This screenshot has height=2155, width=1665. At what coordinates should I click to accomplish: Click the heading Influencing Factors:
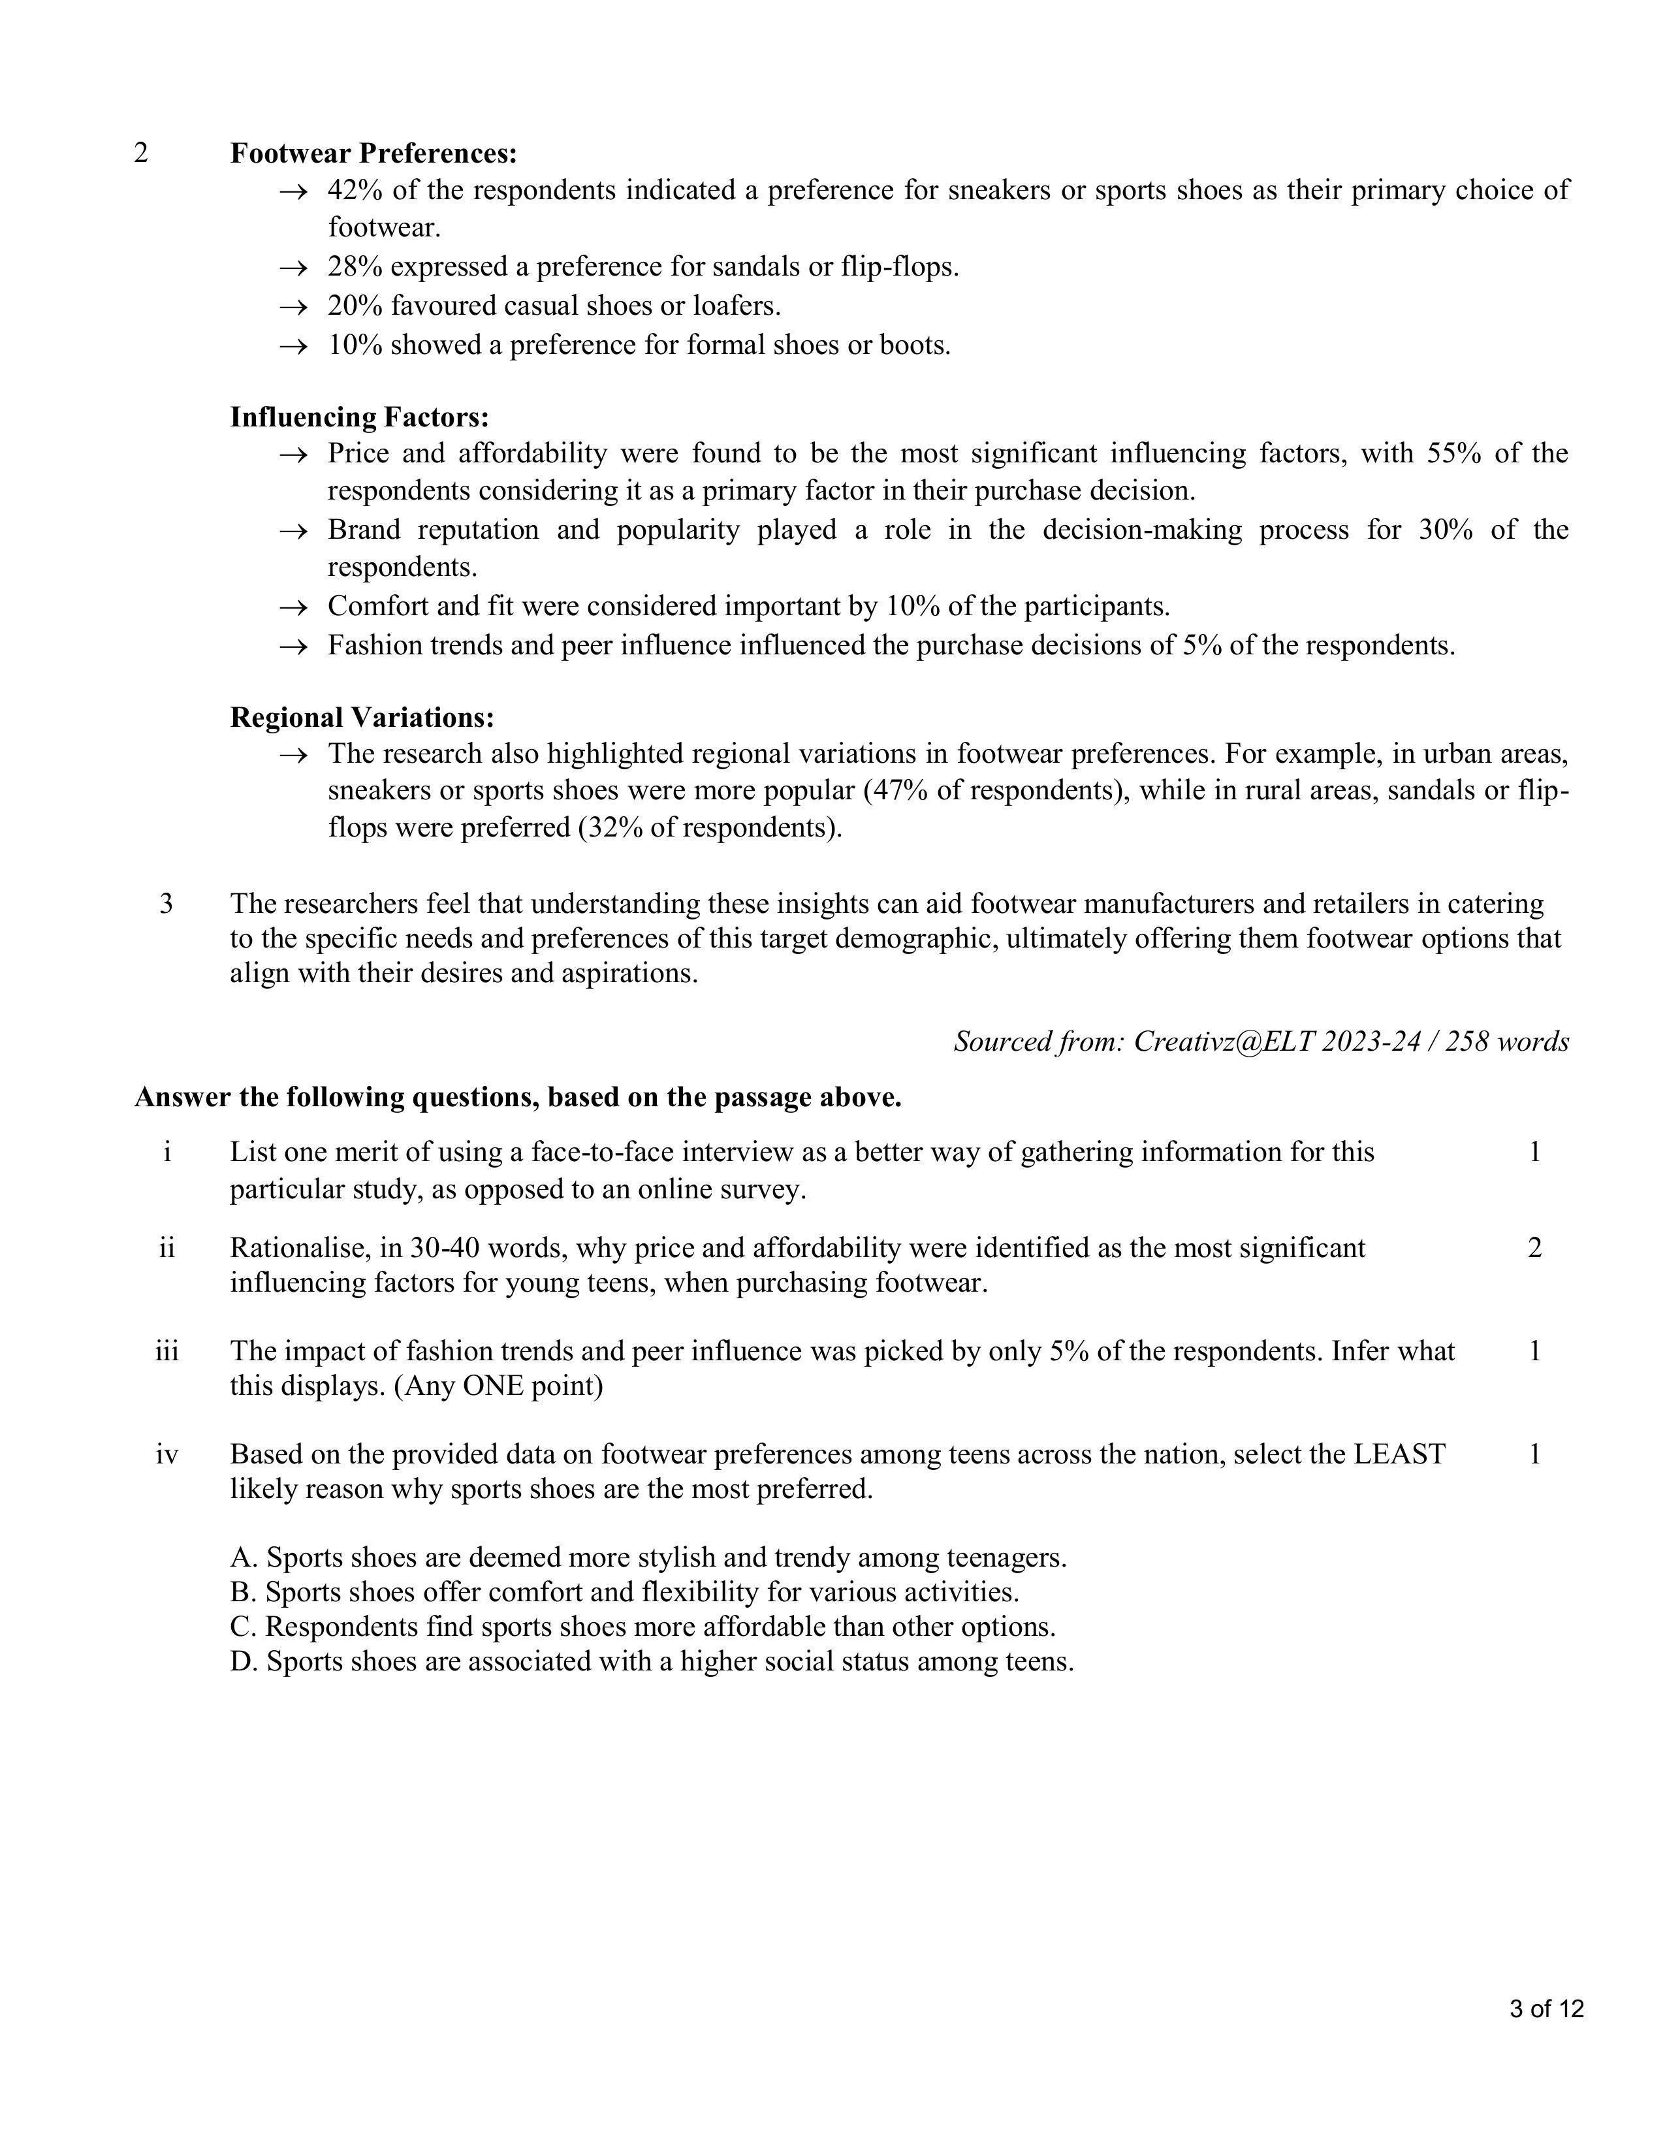[359, 417]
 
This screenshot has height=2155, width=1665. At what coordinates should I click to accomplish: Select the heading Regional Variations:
[362, 717]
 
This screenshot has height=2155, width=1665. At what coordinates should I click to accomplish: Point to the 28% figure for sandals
[354, 267]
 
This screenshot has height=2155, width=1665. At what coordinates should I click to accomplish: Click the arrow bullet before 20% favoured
[293, 307]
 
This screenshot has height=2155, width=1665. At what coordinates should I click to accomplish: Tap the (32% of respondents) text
[708, 828]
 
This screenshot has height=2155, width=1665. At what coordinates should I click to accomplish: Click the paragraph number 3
[166, 904]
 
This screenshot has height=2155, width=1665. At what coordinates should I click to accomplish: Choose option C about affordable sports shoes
[642, 1627]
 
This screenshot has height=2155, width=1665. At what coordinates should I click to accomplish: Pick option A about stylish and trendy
[648, 1558]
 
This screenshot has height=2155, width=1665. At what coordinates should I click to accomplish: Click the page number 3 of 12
[1546, 2010]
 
